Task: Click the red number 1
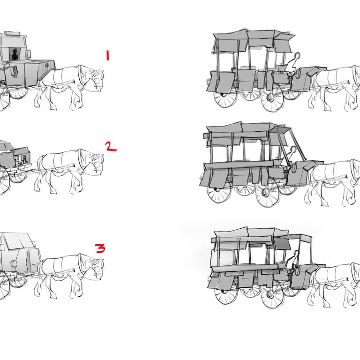coord(107,56)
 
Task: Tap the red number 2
coord(111,146)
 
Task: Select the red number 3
coord(100,248)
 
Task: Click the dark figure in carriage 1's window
coord(15,55)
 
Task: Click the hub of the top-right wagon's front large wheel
coord(270,98)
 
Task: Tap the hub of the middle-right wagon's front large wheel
coord(265,192)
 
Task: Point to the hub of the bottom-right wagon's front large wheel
coord(270,294)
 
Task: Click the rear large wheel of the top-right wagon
coord(225,97)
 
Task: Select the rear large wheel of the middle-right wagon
coord(219,191)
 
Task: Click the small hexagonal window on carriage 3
coord(14,263)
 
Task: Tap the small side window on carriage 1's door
coord(14,70)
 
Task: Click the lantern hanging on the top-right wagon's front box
coord(299,74)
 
